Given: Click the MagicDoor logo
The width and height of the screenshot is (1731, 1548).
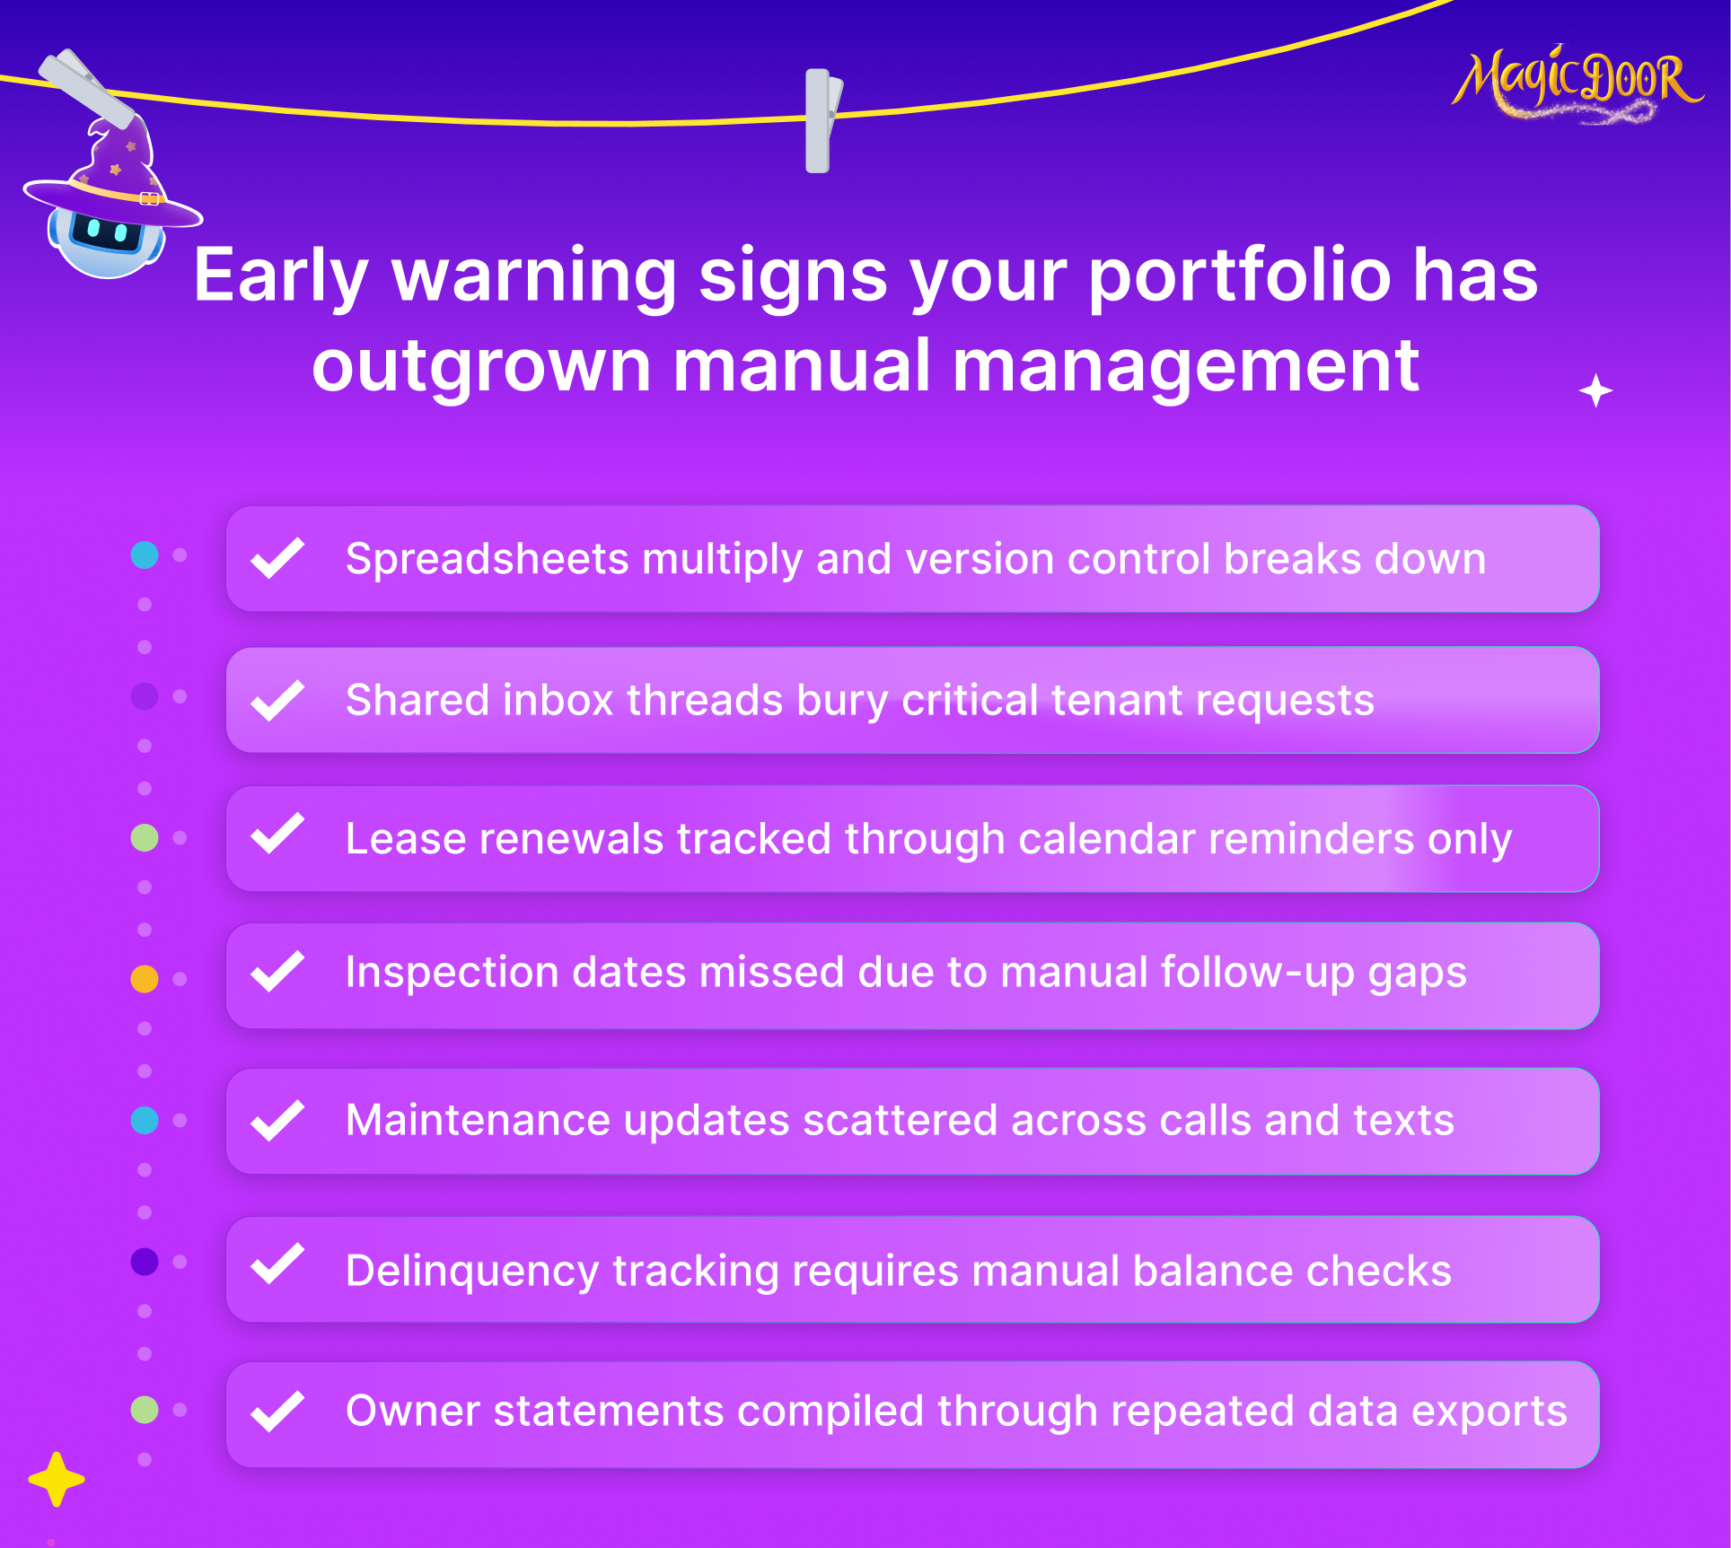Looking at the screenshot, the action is (1577, 83).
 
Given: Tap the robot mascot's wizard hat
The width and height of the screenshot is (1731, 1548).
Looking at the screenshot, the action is (114, 175).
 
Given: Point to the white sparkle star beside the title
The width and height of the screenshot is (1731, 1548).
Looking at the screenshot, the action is (1595, 391).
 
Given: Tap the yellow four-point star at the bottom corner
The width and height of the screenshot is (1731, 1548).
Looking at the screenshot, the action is (57, 1479).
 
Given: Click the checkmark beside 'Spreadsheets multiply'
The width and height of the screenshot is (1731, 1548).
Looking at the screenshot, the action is (277, 558).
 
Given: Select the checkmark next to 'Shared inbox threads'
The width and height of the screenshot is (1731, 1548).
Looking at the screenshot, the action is (277, 700).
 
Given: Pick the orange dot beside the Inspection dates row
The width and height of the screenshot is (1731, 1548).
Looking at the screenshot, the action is (145, 978).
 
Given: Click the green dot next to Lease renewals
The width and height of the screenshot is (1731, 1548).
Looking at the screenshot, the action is (145, 837).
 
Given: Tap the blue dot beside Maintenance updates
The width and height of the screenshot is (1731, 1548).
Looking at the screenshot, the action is (145, 1120).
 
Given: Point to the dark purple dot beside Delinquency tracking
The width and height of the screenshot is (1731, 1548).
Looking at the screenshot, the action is (145, 1262).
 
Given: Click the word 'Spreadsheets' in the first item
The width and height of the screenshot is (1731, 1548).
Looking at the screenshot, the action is (488, 560).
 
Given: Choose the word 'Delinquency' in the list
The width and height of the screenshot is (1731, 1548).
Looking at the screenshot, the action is (472, 1273).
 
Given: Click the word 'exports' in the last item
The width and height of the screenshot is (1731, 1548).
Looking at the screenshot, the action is (1489, 1412).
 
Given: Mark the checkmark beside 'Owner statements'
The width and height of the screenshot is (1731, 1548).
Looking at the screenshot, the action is (277, 1411).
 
